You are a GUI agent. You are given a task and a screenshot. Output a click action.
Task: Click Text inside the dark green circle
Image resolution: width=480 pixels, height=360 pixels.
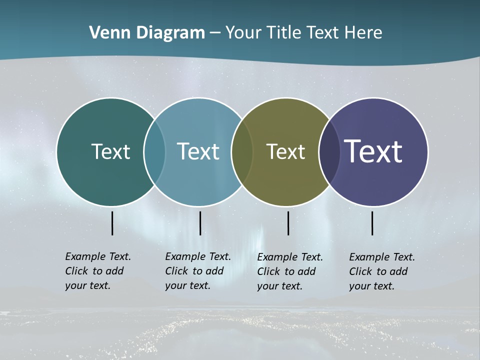[110, 151]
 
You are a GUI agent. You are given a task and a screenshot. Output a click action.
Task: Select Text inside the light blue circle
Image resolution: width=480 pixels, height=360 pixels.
[198, 151]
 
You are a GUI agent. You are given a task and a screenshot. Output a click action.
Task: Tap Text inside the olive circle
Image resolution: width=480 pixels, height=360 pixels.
[285, 151]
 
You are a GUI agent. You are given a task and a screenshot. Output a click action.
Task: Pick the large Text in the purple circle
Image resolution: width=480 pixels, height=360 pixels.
[373, 151]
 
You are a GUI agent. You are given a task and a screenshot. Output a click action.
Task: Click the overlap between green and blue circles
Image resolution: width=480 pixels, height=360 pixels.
[154, 151]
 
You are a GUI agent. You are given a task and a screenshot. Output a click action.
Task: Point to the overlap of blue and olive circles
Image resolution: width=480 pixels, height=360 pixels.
[242, 151]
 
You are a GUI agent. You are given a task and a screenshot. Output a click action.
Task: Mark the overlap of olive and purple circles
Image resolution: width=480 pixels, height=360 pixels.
[329, 151]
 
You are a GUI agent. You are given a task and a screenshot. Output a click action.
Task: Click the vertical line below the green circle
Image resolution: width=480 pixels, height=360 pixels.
[112, 223]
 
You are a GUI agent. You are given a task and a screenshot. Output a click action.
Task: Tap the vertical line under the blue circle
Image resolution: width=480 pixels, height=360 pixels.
[200, 223]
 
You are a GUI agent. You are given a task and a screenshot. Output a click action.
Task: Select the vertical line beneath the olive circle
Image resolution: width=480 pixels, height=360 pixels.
[288, 223]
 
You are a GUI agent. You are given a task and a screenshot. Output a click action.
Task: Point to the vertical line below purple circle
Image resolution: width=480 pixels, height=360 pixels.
[372, 223]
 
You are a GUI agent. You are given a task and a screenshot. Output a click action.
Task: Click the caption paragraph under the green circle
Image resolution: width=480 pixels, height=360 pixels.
[97, 271]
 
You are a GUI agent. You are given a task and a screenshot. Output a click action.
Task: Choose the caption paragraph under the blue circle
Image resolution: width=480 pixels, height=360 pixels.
[197, 271]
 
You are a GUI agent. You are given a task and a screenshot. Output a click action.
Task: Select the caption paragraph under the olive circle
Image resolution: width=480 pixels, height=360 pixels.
[289, 271]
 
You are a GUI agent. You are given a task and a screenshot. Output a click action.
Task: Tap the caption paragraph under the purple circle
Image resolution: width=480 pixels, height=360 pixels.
[381, 271]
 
